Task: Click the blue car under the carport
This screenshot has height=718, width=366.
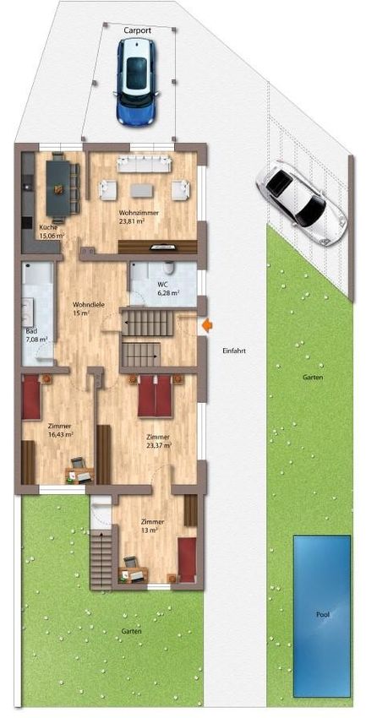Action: pyautogui.click(x=136, y=83)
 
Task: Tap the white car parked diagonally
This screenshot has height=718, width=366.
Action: pyautogui.click(x=301, y=204)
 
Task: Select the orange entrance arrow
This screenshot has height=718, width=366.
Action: pyautogui.click(x=207, y=325)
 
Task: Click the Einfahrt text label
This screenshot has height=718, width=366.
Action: pyautogui.click(x=234, y=351)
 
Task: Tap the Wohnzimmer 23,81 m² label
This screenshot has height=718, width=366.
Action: pyautogui.click(x=139, y=217)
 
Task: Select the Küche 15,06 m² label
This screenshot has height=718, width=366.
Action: pyautogui.click(x=51, y=231)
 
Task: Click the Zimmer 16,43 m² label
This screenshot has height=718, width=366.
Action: pyautogui.click(x=61, y=430)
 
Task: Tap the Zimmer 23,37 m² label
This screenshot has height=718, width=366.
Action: pyautogui.click(x=159, y=440)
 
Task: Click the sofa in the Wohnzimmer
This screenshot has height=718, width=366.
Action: pyautogui.click(x=144, y=164)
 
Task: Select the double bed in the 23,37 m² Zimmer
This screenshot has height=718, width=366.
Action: pyautogui.click(x=155, y=395)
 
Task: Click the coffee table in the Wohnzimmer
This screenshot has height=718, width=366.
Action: pyautogui.click(x=143, y=190)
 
